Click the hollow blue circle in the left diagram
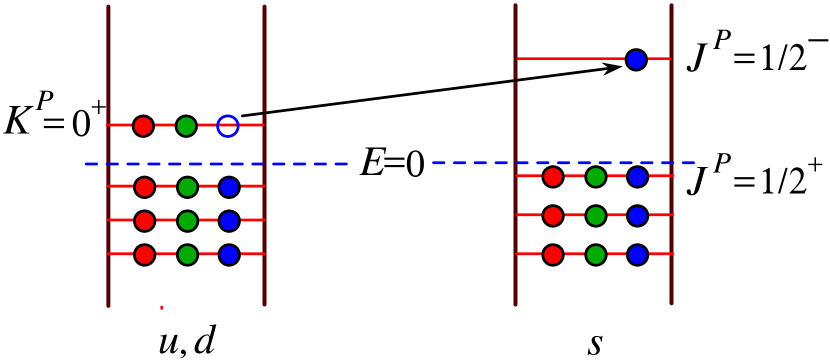[x=228, y=126]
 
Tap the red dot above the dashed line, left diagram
[x=143, y=126]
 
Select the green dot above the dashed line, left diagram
[x=186, y=126]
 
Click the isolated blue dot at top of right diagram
[x=636, y=60]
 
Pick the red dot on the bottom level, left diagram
[x=144, y=255]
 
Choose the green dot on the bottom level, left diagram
[x=187, y=255]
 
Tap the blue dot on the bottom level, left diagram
[x=229, y=255]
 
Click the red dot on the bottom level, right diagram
[x=553, y=255]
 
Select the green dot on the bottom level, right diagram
[x=596, y=255]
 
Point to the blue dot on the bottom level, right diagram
[x=638, y=255]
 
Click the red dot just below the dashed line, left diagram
[x=144, y=187]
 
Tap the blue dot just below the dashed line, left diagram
[x=229, y=187]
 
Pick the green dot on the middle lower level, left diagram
[x=187, y=221]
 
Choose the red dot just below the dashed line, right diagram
[x=553, y=177]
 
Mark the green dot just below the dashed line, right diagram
[x=596, y=177]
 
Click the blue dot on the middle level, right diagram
[x=638, y=216]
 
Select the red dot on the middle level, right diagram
[x=553, y=216]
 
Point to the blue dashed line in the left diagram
[x=300, y=163]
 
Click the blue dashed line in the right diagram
[x=480, y=162]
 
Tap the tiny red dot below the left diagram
[x=162, y=308]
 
